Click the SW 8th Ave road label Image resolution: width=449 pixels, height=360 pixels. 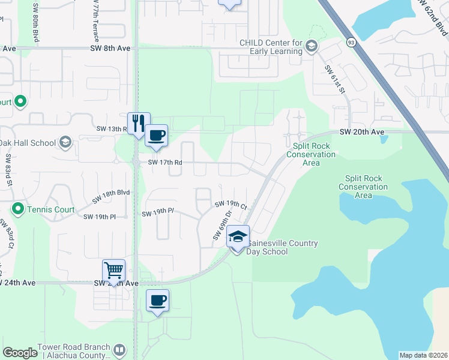[x=110, y=47]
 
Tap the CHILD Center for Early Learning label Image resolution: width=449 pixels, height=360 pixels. [x=271, y=47]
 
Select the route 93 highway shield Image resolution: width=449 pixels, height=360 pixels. [x=351, y=42]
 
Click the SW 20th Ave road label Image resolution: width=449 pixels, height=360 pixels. [x=361, y=131]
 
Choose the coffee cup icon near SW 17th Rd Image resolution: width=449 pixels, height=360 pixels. [x=156, y=135]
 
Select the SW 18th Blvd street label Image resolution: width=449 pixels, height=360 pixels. [x=112, y=196]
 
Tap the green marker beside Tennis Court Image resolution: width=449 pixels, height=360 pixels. [x=18, y=209]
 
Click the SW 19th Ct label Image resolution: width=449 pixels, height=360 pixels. [x=231, y=205]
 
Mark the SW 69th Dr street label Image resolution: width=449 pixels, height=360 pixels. [x=221, y=225]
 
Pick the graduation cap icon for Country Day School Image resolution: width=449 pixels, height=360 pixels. [x=238, y=237]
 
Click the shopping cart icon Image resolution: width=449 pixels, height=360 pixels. [x=114, y=270]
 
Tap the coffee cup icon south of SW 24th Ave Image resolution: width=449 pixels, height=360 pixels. [x=157, y=300]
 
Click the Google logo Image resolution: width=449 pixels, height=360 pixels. [x=20, y=353]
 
